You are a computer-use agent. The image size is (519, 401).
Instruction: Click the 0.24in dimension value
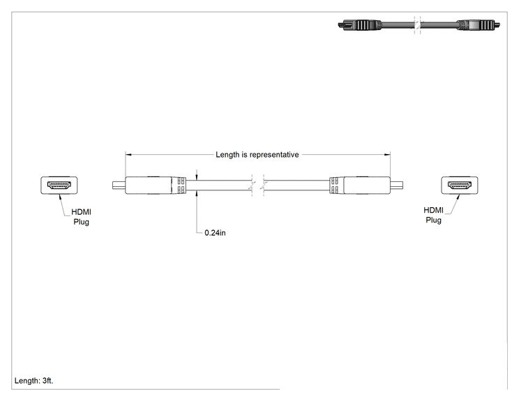pos(215,233)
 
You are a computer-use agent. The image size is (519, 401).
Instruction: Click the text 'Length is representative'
pos(257,155)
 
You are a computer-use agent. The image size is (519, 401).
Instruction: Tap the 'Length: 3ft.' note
pos(33,381)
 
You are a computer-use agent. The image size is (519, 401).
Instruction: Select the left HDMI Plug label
pos(82,217)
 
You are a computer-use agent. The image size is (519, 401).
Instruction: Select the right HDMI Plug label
pos(434,215)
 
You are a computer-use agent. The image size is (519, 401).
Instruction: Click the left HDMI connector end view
pos(59,186)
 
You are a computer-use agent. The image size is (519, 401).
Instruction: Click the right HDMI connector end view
pos(460,186)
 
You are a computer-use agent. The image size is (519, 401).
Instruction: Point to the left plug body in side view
pos(149,186)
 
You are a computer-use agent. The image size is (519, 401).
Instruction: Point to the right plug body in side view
pos(367,186)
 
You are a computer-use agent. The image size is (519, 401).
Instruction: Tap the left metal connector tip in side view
pos(119,186)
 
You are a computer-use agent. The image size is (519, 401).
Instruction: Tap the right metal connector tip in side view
pos(396,186)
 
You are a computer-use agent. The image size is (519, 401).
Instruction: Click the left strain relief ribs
pos(179,186)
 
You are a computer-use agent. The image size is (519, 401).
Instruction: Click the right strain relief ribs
pos(336,186)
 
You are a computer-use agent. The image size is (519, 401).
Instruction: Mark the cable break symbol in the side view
pos(258,186)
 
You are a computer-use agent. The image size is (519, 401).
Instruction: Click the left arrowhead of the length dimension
pos(128,155)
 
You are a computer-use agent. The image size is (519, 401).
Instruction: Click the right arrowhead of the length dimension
pos(387,155)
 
